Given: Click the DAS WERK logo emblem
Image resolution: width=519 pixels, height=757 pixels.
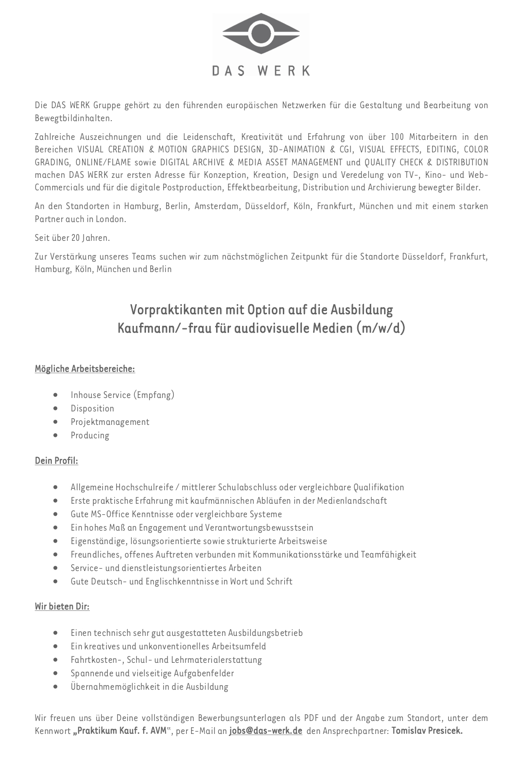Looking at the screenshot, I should [x=261, y=34].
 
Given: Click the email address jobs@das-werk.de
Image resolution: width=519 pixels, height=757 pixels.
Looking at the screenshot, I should [x=266, y=731].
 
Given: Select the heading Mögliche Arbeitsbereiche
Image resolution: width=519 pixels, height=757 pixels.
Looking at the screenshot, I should [x=84, y=369].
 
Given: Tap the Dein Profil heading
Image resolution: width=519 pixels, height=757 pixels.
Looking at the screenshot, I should [x=56, y=460].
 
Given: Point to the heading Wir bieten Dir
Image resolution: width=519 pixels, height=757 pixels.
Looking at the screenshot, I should [x=62, y=606].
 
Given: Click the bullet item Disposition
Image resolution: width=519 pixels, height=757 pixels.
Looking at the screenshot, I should [x=92, y=408].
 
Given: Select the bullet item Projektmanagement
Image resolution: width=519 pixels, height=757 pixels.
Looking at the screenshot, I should [x=110, y=422].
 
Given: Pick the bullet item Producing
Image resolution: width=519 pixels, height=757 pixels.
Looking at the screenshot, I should [x=90, y=435].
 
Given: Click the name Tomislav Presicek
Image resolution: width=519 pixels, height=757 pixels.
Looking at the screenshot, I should [x=427, y=731].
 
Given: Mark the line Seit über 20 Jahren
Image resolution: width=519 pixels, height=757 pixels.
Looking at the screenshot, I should [x=72, y=237].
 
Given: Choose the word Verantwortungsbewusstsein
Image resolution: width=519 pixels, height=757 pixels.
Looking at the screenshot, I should [x=259, y=527].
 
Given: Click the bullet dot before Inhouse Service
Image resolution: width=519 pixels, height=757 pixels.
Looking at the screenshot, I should [x=57, y=395].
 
